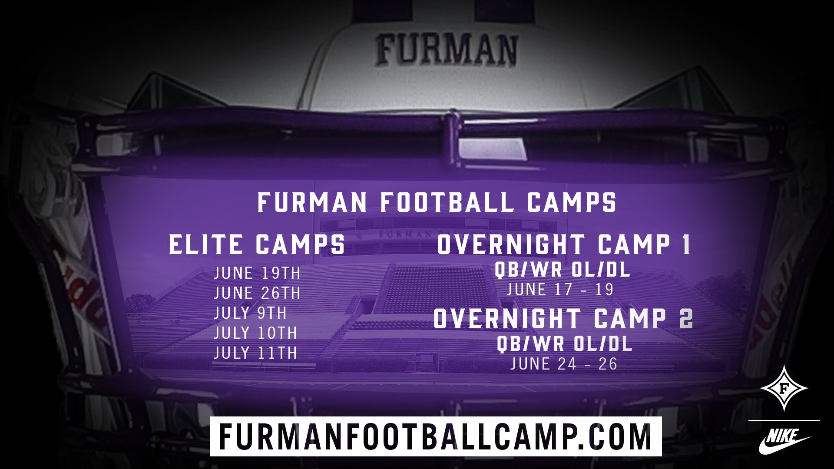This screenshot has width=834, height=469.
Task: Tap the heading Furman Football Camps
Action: tap(437, 202)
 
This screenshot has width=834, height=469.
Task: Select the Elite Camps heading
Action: tap(257, 244)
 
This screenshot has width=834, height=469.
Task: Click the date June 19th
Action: tap(257, 273)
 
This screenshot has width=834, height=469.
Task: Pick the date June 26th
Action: tap(257, 293)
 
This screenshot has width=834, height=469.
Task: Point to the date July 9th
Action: tap(250, 313)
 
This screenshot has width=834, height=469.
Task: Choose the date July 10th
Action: tap(255, 333)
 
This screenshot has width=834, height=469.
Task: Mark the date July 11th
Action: tap(255, 353)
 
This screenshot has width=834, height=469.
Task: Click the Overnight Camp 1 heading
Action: tap(563, 244)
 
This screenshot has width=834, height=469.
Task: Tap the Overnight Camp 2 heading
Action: tap(563, 318)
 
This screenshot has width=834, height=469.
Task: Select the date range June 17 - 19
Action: tap(560, 290)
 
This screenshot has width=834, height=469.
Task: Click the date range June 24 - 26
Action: tap(564, 364)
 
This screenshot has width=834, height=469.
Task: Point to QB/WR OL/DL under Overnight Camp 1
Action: tap(563, 270)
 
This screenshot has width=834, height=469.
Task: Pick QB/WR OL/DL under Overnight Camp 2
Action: tap(564, 344)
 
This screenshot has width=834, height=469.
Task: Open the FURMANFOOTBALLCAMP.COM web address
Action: tap(435, 436)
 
